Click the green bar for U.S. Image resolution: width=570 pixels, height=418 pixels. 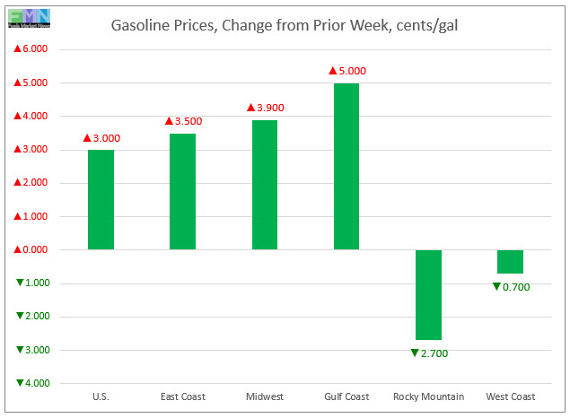coord(101,199)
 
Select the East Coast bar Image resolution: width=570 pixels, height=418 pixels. coord(182,191)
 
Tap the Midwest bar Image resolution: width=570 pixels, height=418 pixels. coord(264,184)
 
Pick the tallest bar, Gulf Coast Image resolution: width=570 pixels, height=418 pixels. coord(346,166)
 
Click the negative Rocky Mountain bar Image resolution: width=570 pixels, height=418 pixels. coord(428,294)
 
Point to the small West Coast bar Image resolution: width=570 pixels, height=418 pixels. coord(510,261)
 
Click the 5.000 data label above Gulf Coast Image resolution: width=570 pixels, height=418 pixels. coord(346,70)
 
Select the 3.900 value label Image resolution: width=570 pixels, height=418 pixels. coord(265,107)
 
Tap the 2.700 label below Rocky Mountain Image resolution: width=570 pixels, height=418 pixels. coord(428,353)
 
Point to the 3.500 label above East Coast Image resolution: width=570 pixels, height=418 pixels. coord(182,120)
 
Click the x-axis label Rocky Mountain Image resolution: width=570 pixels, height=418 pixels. coord(428,396)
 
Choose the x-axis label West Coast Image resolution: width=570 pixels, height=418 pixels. coord(510,396)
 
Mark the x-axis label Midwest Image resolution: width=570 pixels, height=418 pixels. coord(264,396)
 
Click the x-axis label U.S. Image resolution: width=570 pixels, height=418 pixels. coord(101,396)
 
